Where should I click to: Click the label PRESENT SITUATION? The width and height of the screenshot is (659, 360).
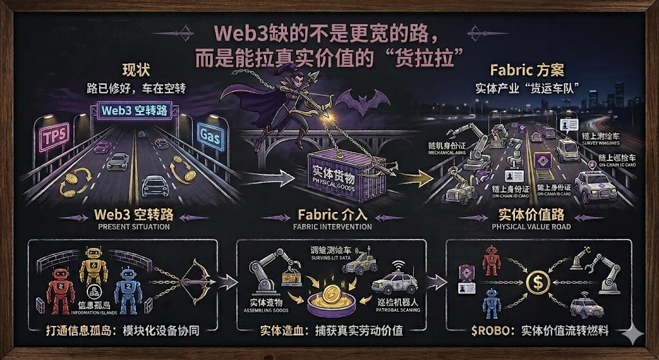pyautogui.click(x=134, y=227)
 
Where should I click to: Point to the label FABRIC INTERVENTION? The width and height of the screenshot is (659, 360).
pyautogui.click(x=332, y=227)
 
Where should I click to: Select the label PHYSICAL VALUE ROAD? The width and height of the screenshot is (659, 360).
pyautogui.click(x=531, y=227)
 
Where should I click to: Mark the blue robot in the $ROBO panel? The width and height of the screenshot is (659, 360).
pyautogui.click(x=490, y=300)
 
